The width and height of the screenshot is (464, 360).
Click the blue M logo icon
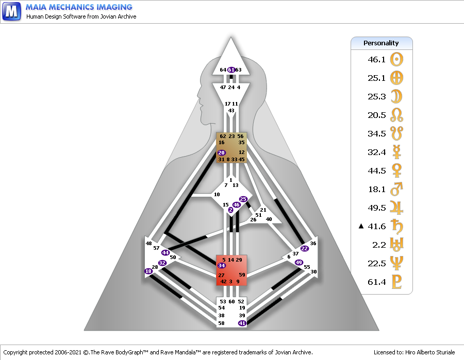click(x=11, y=11)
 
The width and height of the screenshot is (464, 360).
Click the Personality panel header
click(x=382, y=43)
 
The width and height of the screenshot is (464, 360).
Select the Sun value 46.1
click(x=377, y=59)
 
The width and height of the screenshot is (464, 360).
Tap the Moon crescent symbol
click(x=396, y=96)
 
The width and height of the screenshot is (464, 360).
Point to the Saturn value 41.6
click(x=377, y=227)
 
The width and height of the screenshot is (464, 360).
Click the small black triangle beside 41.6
click(x=361, y=226)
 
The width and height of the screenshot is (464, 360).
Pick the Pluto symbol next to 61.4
click(x=396, y=282)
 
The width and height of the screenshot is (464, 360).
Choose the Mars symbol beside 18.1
click(x=396, y=189)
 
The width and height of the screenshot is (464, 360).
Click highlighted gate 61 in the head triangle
click(x=231, y=70)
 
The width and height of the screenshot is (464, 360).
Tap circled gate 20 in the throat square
click(x=221, y=152)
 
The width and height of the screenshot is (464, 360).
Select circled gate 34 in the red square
click(x=222, y=265)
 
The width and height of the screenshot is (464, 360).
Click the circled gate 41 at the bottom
click(x=242, y=323)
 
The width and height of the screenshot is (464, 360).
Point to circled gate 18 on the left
click(x=148, y=271)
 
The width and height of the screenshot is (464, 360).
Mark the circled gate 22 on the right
click(x=305, y=248)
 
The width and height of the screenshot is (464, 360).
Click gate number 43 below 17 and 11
click(x=231, y=111)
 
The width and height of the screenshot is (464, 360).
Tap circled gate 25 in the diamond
click(x=243, y=199)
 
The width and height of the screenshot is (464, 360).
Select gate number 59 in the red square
click(x=242, y=275)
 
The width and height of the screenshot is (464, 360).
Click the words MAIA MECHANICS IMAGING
click(x=79, y=7)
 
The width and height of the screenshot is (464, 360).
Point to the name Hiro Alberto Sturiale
click(x=430, y=352)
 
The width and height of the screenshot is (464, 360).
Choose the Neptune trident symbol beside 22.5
click(x=396, y=263)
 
